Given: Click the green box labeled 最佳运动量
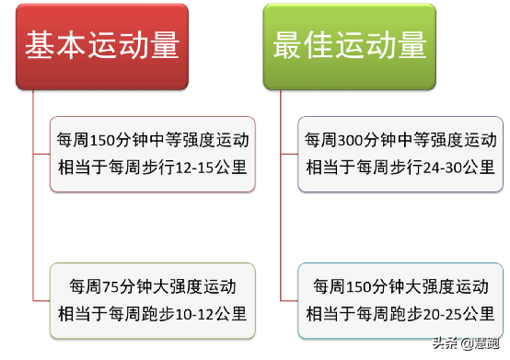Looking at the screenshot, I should [x=350, y=45].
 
